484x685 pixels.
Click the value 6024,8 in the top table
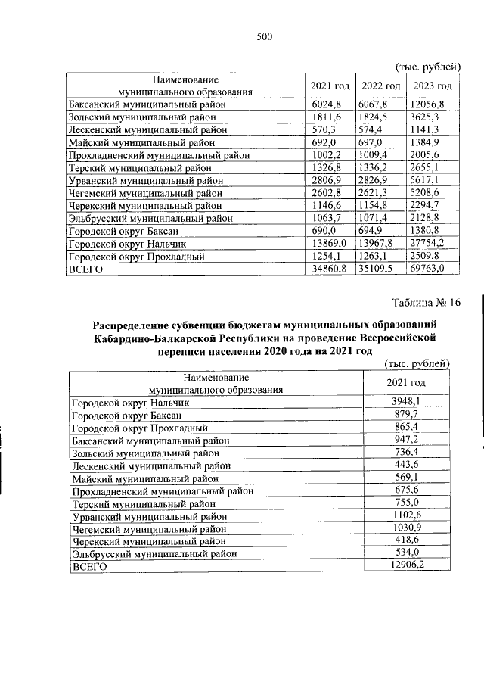(x=327, y=104)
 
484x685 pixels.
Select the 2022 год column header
(x=380, y=86)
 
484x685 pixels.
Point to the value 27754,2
(x=428, y=243)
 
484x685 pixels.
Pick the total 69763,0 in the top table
(x=428, y=268)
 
